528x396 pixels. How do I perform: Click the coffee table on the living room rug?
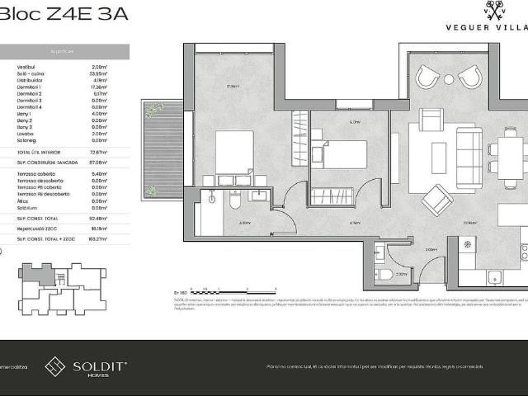pyautogui.click(x=439, y=153)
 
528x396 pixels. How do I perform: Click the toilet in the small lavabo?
pyautogui.click(x=383, y=276)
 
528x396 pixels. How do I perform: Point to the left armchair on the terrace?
pyautogui.click(x=428, y=77)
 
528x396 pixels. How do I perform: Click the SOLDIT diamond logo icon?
pyautogui.click(x=56, y=366)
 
